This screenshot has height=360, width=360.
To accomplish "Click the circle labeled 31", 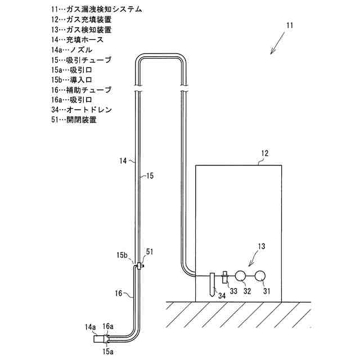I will point(260,276).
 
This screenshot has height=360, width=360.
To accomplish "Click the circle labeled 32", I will point(240,276).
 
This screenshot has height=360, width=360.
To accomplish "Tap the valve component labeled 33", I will point(224,277).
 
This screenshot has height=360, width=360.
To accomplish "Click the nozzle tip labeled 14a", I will point(99,339).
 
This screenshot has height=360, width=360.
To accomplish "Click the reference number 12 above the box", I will point(265,153).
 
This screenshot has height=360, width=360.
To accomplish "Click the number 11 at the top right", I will point(289,26).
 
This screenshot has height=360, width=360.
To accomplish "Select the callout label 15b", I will point(123,255).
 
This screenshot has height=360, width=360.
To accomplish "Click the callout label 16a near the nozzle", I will point(108,326).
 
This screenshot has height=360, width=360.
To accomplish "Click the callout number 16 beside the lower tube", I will point(119,294).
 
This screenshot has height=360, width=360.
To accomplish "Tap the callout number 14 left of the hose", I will point(123,161).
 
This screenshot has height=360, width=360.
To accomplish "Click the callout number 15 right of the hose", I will point(149,175).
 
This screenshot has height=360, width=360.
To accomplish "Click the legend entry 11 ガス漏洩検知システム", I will point(96,10).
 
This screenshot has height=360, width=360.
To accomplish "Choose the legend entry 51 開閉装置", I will point(73,120).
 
